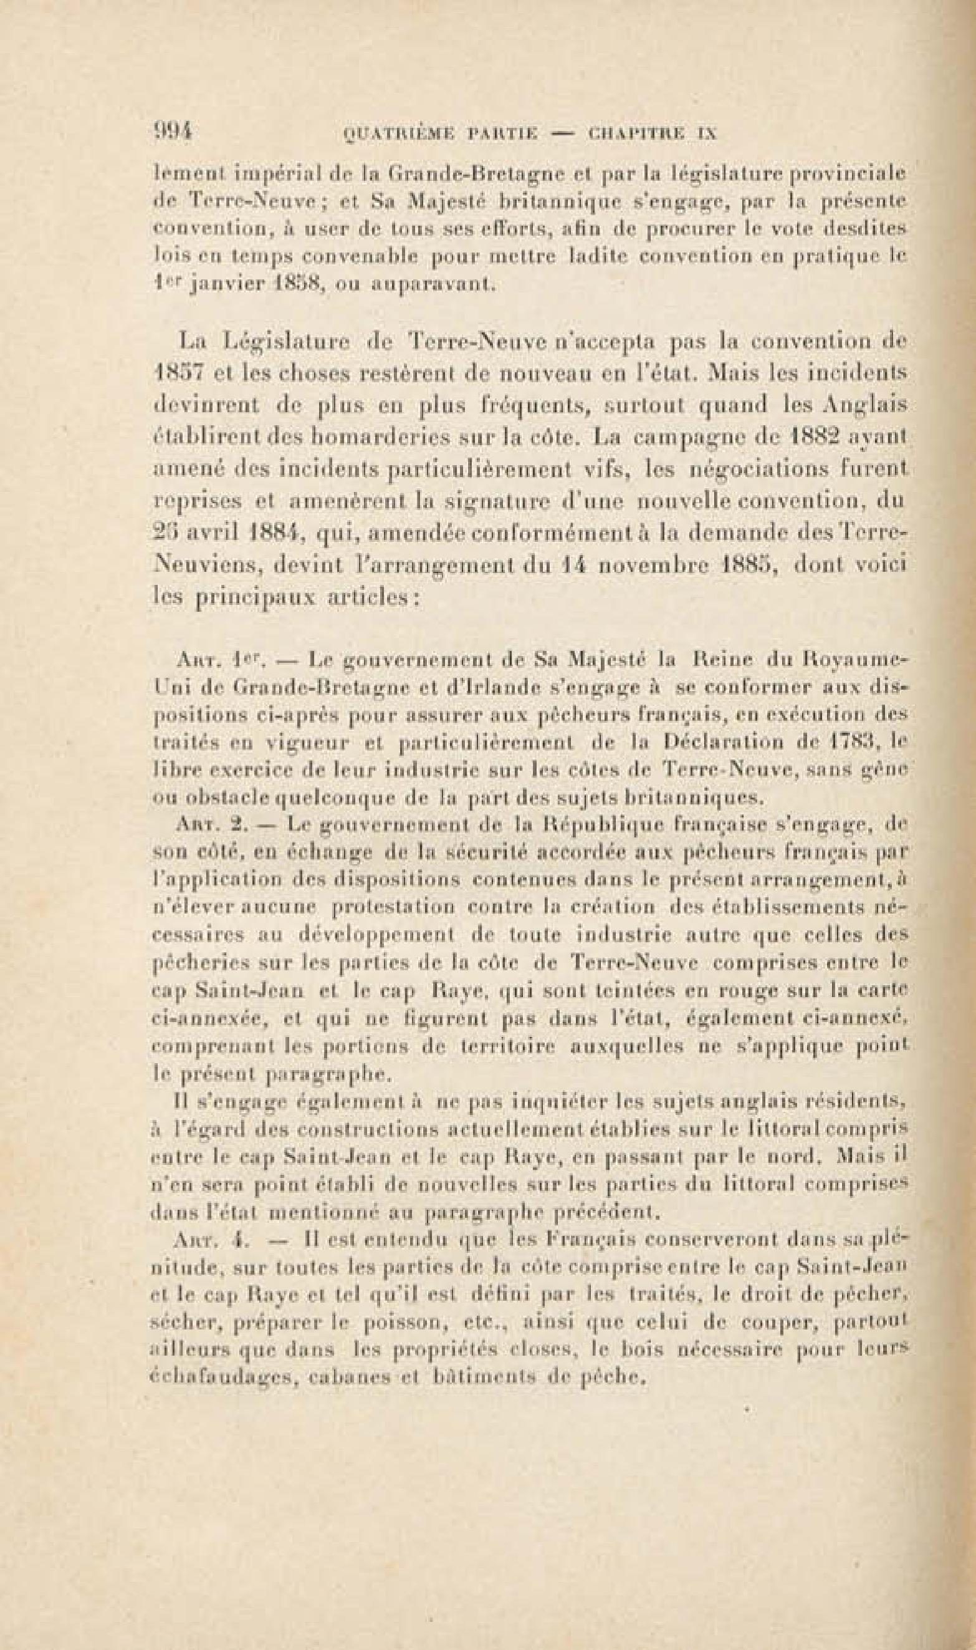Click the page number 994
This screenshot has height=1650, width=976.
tap(175, 131)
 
